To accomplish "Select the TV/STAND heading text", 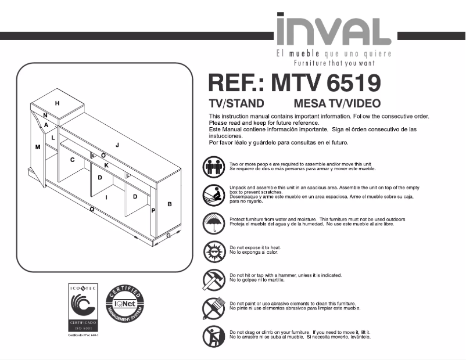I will pos(236,104).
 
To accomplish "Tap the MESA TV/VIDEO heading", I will pos(338,104).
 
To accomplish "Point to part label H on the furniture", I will pos(58,103).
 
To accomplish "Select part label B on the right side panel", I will pos(170,204).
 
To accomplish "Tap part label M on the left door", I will pos(38,147).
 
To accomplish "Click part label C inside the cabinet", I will pos(73,160).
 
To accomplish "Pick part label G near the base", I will pos(169,235).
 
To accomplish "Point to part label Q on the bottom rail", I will pos(92,208).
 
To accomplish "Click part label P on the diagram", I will pos(153,211).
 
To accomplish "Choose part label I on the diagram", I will pos(106,197).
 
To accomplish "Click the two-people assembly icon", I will pos(213,167).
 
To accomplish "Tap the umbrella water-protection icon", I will pos(213,222).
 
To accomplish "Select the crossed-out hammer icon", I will pos(213,280).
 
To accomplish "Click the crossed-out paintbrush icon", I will pos(213,308).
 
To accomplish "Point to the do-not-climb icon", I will pos(213,336).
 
